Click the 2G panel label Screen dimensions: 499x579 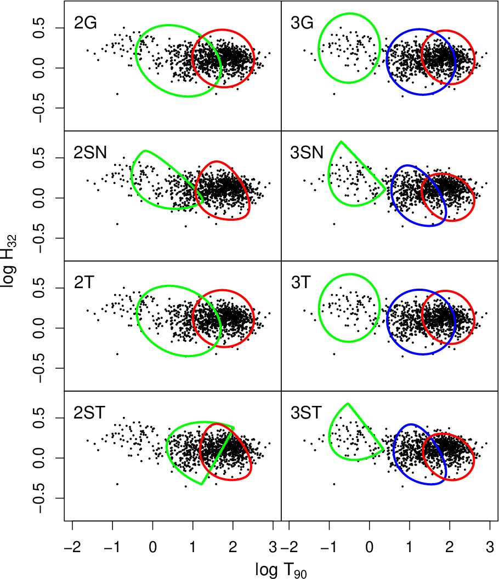[86, 23]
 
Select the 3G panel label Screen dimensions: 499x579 [302, 23]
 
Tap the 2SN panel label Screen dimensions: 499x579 [90, 152]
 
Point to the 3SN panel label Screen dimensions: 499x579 [307, 152]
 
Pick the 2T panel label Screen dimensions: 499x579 [84, 283]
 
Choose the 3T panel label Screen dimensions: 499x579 [301, 283]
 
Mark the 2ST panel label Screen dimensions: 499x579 [89, 412]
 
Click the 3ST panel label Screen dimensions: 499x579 [306, 412]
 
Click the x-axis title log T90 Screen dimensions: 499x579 [281, 570]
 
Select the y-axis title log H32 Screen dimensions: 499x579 [9, 261]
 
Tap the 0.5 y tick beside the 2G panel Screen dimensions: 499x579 [39, 28]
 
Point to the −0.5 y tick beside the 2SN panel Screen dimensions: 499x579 [39, 238]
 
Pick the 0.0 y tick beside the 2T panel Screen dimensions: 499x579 [39, 328]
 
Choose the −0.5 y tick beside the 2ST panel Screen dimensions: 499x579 [39, 498]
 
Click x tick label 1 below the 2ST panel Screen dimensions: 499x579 [192, 547]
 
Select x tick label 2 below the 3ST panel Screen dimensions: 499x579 [450, 547]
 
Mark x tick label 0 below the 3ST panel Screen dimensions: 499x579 [369, 547]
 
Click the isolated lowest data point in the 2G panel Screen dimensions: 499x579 [117, 94]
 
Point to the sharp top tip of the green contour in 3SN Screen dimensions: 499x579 [341, 141]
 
